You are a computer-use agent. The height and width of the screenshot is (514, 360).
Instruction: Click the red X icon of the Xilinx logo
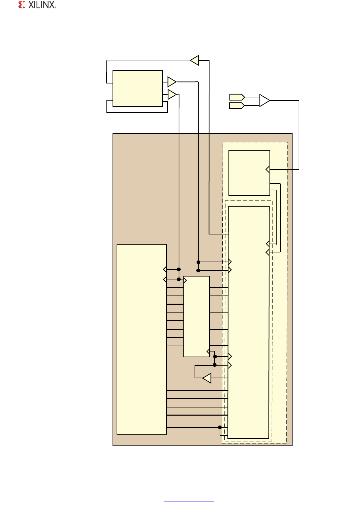click(x=22, y=5)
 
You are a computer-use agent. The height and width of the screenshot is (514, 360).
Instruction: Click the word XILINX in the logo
click(x=42, y=5)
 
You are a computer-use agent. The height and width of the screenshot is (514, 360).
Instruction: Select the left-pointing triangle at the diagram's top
click(x=195, y=60)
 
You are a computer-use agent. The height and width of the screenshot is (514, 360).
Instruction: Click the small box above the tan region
click(x=137, y=89)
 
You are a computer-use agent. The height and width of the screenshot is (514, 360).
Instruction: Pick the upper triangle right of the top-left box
click(x=172, y=82)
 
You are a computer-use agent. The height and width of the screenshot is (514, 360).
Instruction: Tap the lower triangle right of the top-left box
click(x=172, y=94)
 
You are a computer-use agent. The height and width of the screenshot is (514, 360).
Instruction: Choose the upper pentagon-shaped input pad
click(x=237, y=97)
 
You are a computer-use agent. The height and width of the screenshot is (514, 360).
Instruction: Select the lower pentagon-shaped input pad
click(x=237, y=106)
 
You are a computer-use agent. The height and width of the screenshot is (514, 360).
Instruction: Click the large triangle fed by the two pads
click(x=264, y=100)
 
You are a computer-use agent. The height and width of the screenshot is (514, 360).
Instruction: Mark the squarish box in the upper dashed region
click(x=249, y=173)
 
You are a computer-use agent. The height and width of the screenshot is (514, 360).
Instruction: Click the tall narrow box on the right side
click(x=248, y=322)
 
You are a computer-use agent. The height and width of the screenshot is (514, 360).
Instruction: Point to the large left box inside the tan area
click(x=141, y=339)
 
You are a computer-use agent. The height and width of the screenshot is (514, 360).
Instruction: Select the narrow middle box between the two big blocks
click(x=196, y=316)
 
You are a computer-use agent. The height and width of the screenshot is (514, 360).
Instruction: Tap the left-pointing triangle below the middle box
click(x=207, y=378)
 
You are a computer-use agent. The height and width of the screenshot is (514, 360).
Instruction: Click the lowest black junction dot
click(x=220, y=427)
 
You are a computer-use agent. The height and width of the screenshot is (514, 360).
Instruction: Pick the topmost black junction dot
click(x=198, y=262)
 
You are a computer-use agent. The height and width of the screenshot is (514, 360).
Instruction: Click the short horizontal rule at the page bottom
click(x=189, y=501)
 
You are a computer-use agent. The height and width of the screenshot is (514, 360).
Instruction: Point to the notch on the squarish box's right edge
click(x=268, y=169)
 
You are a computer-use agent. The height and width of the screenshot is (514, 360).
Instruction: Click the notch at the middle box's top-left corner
click(x=185, y=280)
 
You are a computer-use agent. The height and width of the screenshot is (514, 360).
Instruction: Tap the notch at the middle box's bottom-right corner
click(x=208, y=352)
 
